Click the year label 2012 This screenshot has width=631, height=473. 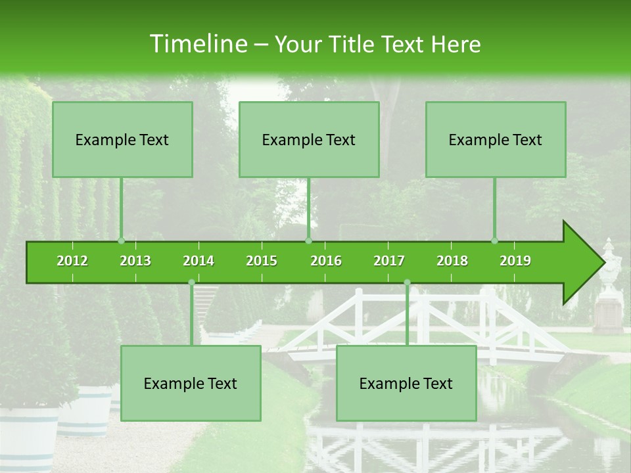click(72, 261)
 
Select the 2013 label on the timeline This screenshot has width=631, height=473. click(135, 261)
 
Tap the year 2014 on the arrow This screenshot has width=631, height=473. click(199, 261)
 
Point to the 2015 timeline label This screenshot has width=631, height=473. click(262, 261)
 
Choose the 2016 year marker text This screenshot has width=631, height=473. click(326, 261)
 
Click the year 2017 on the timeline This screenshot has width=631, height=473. click(389, 261)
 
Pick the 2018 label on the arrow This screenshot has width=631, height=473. click(452, 261)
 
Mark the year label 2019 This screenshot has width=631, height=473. click(515, 261)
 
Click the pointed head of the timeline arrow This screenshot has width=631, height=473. click(585, 263)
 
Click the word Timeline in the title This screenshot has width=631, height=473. click(197, 44)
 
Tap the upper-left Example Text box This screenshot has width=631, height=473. click(122, 139)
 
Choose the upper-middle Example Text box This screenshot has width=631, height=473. click(309, 139)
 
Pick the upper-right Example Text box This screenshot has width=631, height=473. click(496, 139)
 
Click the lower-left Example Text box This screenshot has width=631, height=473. click(191, 384)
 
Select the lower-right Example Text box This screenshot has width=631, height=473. click(406, 384)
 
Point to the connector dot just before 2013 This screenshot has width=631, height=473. click(121, 241)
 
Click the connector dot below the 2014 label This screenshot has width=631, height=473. click(191, 282)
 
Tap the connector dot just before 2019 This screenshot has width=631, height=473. click(494, 241)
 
